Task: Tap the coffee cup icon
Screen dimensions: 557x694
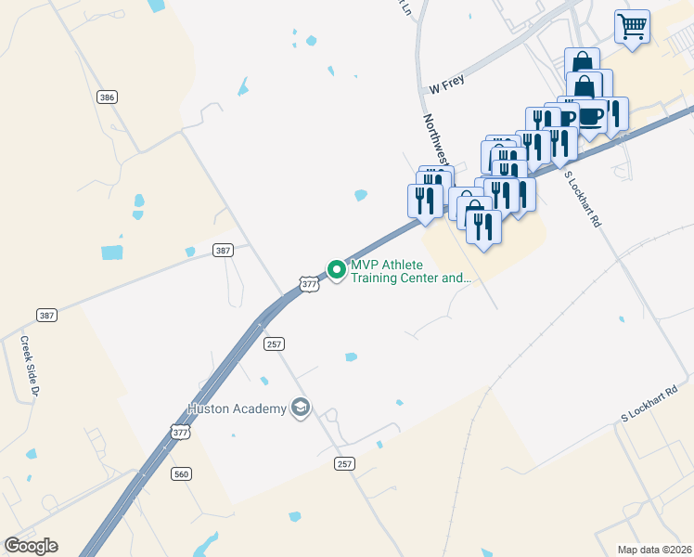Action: coord(592,116)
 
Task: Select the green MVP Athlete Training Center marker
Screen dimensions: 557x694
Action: coord(335,269)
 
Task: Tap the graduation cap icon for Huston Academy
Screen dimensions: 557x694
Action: coord(300,408)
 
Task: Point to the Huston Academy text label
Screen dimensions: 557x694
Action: coord(237,408)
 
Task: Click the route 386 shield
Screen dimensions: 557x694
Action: coord(107,97)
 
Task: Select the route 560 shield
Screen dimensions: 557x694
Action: coord(181,473)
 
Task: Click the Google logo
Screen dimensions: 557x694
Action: coord(31,546)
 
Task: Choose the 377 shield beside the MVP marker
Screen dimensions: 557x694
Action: coord(310,282)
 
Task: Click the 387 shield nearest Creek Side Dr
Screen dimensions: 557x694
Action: coord(47,315)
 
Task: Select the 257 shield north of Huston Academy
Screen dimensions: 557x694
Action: coord(273,343)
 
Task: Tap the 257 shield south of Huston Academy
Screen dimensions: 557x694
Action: coord(345,463)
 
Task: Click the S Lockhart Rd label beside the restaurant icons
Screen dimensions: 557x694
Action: coord(583,201)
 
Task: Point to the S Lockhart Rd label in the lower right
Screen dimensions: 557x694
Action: coord(650,405)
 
